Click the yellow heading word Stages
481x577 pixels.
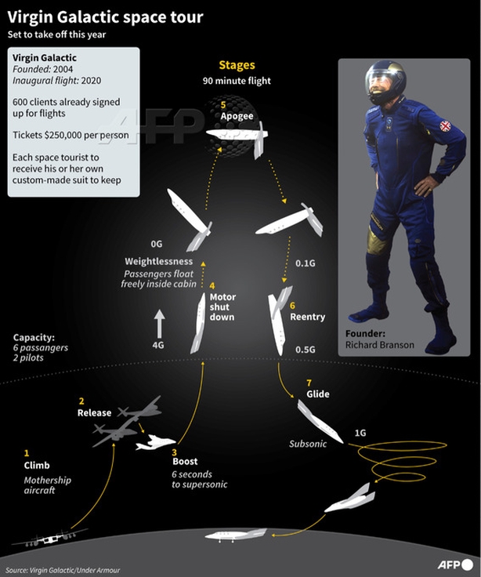pos(237,65)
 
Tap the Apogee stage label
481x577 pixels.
pos(237,116)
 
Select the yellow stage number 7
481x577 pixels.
pos(309,383)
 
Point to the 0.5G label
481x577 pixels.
pos(306,349)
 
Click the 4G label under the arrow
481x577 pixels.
pos(158,345)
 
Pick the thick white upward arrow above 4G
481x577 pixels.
pos(159,324)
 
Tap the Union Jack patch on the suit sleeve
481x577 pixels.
pos(445,126)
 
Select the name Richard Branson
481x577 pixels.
pos(379,345)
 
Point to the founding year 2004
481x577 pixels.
pos(63,69)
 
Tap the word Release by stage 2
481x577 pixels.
pos(94,412)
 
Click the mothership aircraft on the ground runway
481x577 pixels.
pos(49,538)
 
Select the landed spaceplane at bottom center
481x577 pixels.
pos(236,535)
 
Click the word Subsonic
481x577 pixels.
pos(308,444)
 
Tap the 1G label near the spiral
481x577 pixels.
pos(360,433)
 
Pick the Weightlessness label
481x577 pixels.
pos(158,261)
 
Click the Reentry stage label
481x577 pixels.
pos(307,317)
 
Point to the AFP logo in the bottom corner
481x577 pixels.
pos(455,564)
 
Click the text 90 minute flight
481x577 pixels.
pos(237,81)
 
